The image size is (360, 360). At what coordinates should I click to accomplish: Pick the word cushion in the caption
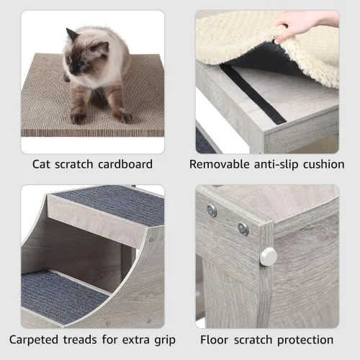click(324, 164)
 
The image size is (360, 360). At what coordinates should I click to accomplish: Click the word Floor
click(215, 339)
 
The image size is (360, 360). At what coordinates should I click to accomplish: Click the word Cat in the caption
click(43, 164)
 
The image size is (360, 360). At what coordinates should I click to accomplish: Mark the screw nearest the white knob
click(243, 228)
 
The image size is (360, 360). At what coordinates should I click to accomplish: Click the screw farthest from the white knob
click(212, 210)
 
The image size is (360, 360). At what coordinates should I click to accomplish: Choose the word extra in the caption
click(135, 339)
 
